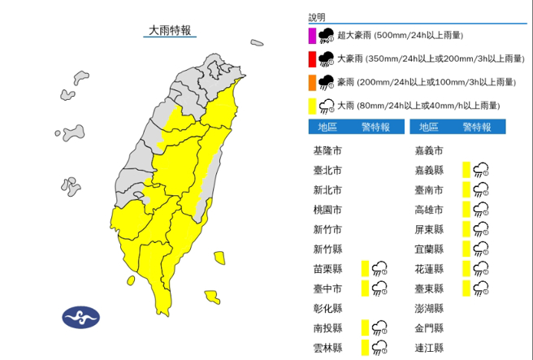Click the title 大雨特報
pyautogui.click(x=170, y=31)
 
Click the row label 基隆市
pyautogui.click(x=327, y=150)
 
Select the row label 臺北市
pyautogui.click(x=327, y=170)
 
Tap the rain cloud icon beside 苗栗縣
pyautogui.click(x=379, y=268)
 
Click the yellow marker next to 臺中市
pyautogui.click(x=366, y=288)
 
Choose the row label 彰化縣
pyautogui.click(x=327, y=308)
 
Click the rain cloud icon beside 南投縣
pyautogui.click(x=379, y=327)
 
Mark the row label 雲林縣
pyautogui.click(x=327, y=348)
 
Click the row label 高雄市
pyautogui.click(x=428, y=210)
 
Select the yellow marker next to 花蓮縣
pyautogui.click(x=466, y=268)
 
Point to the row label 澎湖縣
pyautogui.click(x=428, y=308)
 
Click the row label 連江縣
pyautogui.click(x=428, y=348)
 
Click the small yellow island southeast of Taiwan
pyautogui.click(x=212, y=297)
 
